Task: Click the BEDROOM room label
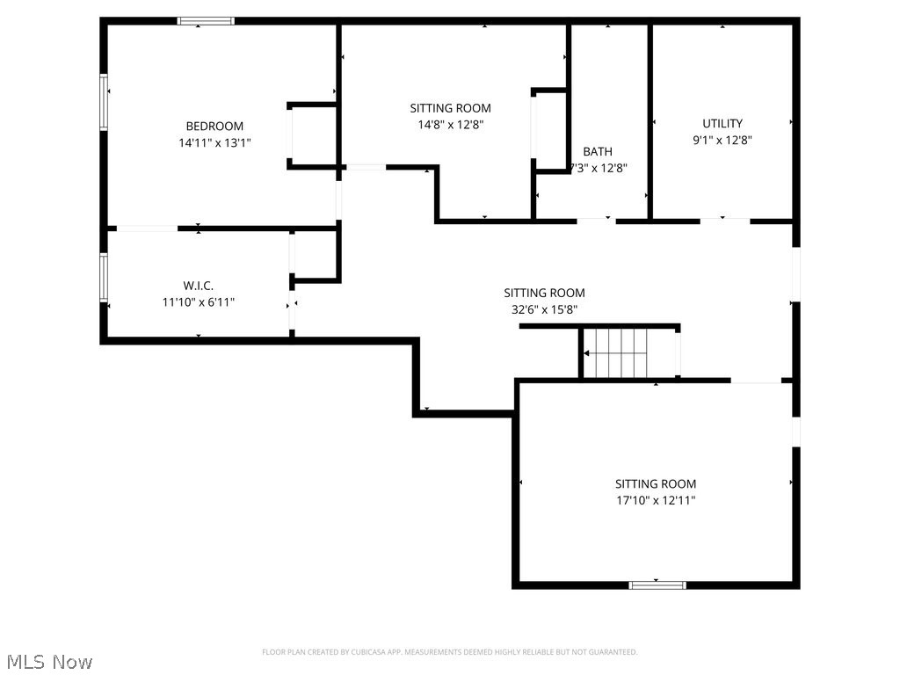coord(214,126)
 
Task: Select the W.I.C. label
coord(198,286)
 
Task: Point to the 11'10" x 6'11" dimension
coord(198,301)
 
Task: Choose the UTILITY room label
coord(722,123)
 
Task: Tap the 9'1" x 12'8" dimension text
coord(722,139)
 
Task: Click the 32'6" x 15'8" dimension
coord(544,309)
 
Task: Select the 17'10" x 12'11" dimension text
coord(656,500)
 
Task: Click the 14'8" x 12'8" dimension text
coord(450,124)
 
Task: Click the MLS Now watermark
coord(48,661)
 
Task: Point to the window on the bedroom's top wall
coord(206,21)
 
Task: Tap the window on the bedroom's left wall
coord(104,102)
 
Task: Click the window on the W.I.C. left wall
coord(104,277)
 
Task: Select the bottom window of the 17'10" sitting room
coord(657,584)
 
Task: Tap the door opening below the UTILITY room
coord(724,220)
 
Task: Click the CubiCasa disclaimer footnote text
coord(450,652)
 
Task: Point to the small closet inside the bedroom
coord(312,135)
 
